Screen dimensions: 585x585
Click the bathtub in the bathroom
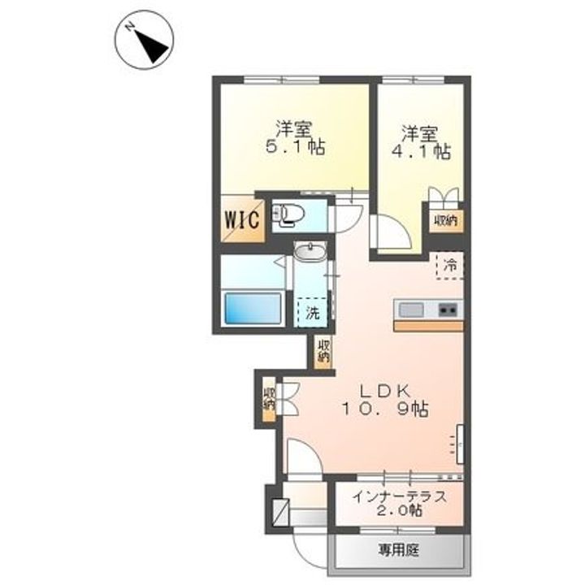252,310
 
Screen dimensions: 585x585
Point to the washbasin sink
310,253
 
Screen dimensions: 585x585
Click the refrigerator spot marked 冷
449,265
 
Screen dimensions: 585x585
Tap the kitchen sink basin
410,309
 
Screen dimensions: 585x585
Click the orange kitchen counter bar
428,325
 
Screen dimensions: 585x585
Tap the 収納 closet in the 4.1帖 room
444,220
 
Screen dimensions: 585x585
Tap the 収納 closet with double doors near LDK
270,398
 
